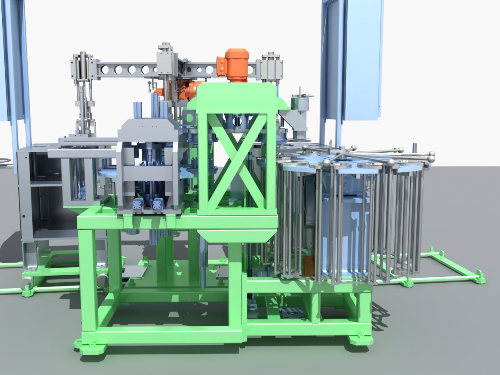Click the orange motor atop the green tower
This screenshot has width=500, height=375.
coord(233,63)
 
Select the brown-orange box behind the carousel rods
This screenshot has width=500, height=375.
coord(309,266)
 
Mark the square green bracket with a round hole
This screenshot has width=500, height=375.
coord(189,118)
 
